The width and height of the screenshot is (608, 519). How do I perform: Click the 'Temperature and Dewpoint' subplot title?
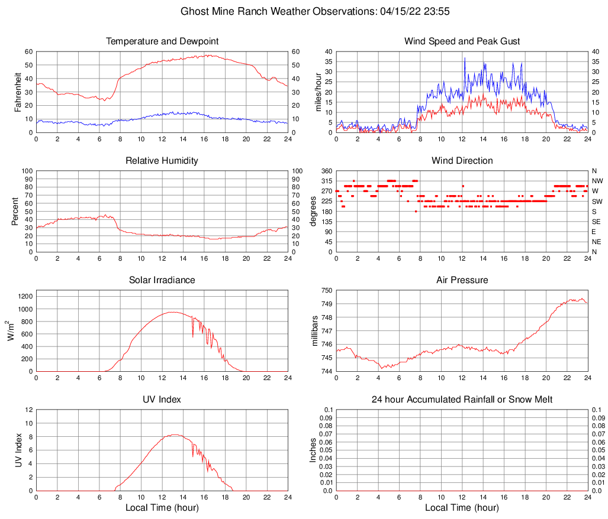(162, 41)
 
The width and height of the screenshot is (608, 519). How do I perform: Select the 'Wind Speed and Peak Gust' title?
(462, 41)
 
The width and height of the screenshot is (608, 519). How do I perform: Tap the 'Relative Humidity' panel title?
(162, 161)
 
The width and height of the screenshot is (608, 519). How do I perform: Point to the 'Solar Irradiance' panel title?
(162, 280)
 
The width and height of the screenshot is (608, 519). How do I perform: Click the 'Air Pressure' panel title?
(462, 280)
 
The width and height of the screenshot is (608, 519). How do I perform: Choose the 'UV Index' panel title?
(162, 400)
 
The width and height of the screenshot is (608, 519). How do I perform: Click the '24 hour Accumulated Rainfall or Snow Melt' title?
(462, 400)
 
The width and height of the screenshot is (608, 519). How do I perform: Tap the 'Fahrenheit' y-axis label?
(18, 92)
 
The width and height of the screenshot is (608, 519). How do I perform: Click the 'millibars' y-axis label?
(315, 331)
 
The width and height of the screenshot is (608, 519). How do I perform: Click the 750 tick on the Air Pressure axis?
(326, 290)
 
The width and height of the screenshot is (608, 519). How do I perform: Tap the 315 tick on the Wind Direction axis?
(326, 181)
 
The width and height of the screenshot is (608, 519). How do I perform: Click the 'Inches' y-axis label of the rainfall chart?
(314, 450)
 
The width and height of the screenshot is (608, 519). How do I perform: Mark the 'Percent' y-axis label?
(15, 211)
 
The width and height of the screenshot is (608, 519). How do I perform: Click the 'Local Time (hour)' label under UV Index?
(162, 508)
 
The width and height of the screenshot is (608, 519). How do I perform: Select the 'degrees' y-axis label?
(314, 211)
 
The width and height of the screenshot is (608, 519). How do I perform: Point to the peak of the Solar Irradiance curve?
(173, 312)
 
